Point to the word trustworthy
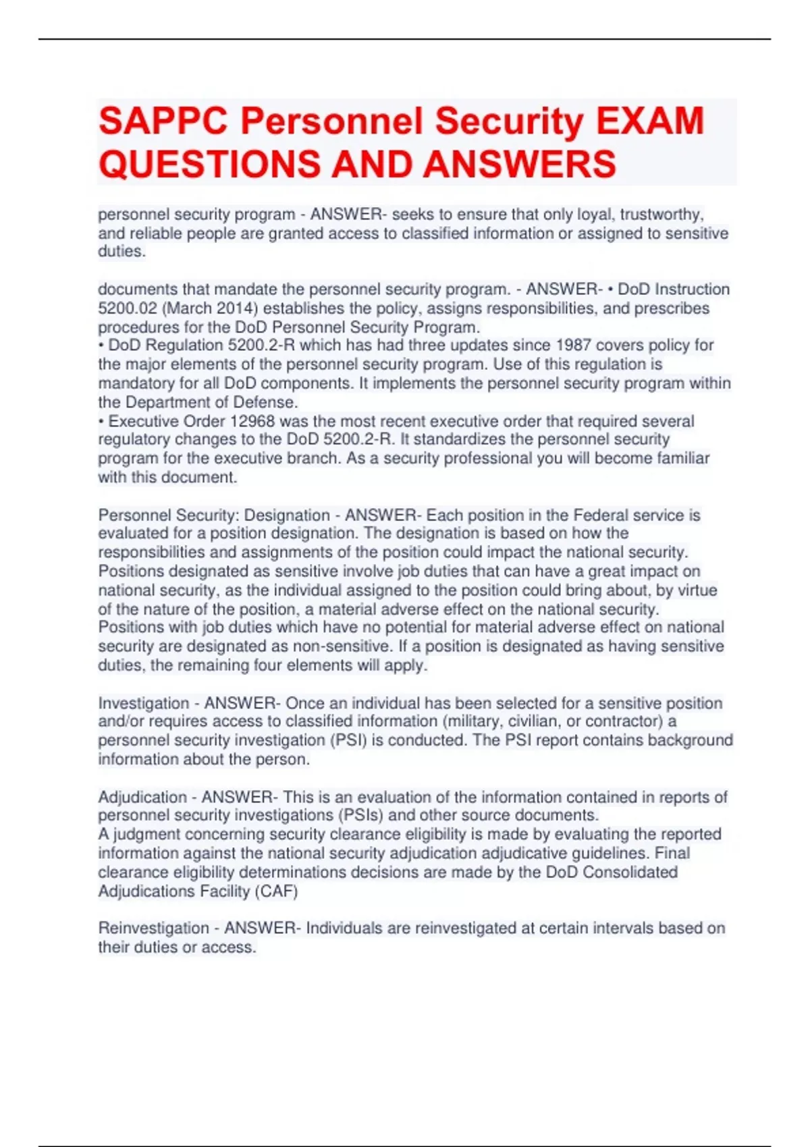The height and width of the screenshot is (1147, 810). coord(661,215)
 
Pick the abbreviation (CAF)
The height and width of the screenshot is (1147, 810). coord(275,891)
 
